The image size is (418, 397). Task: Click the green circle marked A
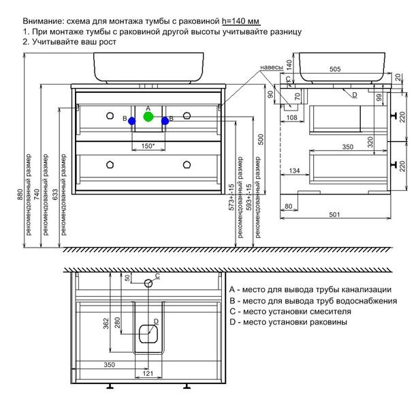click(148, 117)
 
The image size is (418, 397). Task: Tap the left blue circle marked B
click(131, 120)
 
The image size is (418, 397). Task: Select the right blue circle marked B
click(165, 120)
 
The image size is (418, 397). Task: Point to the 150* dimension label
click(148, 146)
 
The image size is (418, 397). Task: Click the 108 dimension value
click(291, 118)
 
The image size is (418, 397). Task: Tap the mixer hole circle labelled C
click(148, 282)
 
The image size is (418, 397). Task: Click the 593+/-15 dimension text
click(250, 196)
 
